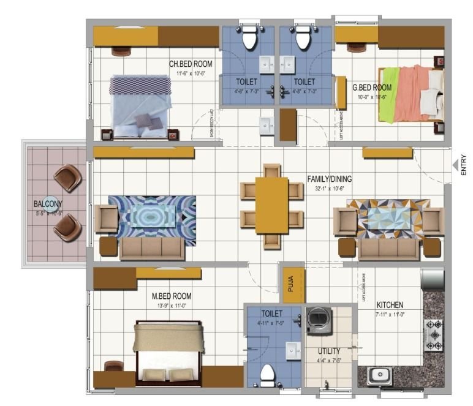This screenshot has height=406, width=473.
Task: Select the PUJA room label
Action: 292,285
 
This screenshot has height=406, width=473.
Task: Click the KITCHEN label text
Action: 390,304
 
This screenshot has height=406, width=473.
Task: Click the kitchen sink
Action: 379,376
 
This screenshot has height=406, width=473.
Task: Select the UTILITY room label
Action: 328,351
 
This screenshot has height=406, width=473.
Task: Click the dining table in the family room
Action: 271,205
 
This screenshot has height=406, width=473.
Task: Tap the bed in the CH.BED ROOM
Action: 140,105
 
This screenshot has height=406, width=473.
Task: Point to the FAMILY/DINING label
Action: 330,179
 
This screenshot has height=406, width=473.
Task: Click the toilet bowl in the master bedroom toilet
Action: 267,372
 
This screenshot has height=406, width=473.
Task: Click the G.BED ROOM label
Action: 372,88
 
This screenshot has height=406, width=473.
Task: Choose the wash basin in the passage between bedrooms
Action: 267,125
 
